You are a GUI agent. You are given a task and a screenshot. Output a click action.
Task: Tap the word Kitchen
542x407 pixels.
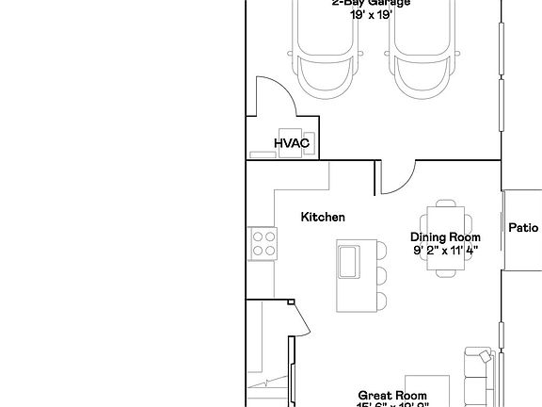click(323, 217)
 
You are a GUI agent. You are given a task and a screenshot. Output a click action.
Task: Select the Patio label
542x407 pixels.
click(523, 227)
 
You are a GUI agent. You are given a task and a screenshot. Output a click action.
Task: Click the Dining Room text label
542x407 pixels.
click(445, 237)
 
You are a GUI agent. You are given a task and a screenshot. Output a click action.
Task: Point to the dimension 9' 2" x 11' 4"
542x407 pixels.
click(445, 251)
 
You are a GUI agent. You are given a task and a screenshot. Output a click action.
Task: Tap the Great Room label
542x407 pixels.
click(392, 395)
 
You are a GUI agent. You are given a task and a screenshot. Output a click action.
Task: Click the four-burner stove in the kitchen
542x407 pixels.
click(263, 245)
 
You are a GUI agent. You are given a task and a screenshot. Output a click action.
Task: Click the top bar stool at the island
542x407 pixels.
click(379, 252)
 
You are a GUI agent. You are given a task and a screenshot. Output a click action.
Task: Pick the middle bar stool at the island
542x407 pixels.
click(379, 277)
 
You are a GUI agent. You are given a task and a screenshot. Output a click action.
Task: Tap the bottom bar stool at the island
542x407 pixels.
click(379, 301)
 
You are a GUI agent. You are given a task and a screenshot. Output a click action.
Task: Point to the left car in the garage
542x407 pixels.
click(323, 52)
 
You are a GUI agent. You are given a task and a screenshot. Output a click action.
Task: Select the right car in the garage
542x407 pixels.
click(422, 52)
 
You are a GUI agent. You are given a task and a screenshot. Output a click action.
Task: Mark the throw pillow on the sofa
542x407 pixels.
click(484, 356)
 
